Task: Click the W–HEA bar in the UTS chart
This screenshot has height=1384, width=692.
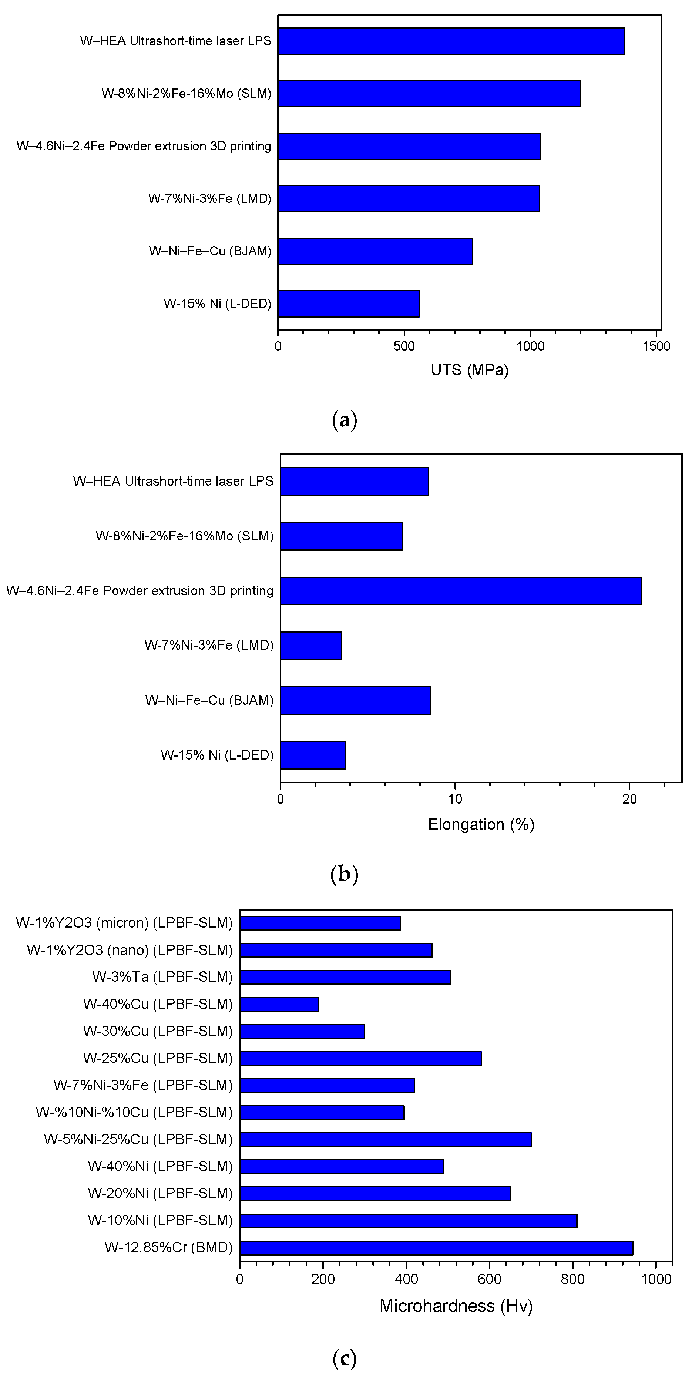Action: [x=451, y=41]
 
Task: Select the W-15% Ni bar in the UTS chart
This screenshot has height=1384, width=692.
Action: [x=348, y=304]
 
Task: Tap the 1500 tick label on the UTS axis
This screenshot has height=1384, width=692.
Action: [x=656, y=346]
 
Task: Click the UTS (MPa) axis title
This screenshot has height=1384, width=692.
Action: [x=469, y=370]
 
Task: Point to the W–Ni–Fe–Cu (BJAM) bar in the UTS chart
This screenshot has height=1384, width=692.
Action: [x=375, y=251]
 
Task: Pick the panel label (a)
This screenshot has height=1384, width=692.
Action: [x=345, y=420]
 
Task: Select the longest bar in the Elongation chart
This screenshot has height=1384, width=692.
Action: [x=461, y=591]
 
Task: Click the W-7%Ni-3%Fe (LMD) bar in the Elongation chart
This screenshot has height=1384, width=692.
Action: [x=311, y=645]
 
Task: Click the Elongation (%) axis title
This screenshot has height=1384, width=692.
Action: [x=481, y=824]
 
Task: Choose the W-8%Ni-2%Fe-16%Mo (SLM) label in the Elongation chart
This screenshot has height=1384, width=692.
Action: [x=184, y=536]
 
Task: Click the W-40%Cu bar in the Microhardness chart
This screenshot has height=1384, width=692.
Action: [x=279, y=1004]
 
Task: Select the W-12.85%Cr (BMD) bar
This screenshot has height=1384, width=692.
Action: [x=436, y=1247]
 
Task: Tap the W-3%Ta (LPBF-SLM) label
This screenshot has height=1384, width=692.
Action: [x=162, y=977]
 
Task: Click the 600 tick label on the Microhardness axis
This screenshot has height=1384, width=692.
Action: [x=490, y=1279]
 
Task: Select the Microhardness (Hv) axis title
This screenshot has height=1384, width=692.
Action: [x=456, y=1306]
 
